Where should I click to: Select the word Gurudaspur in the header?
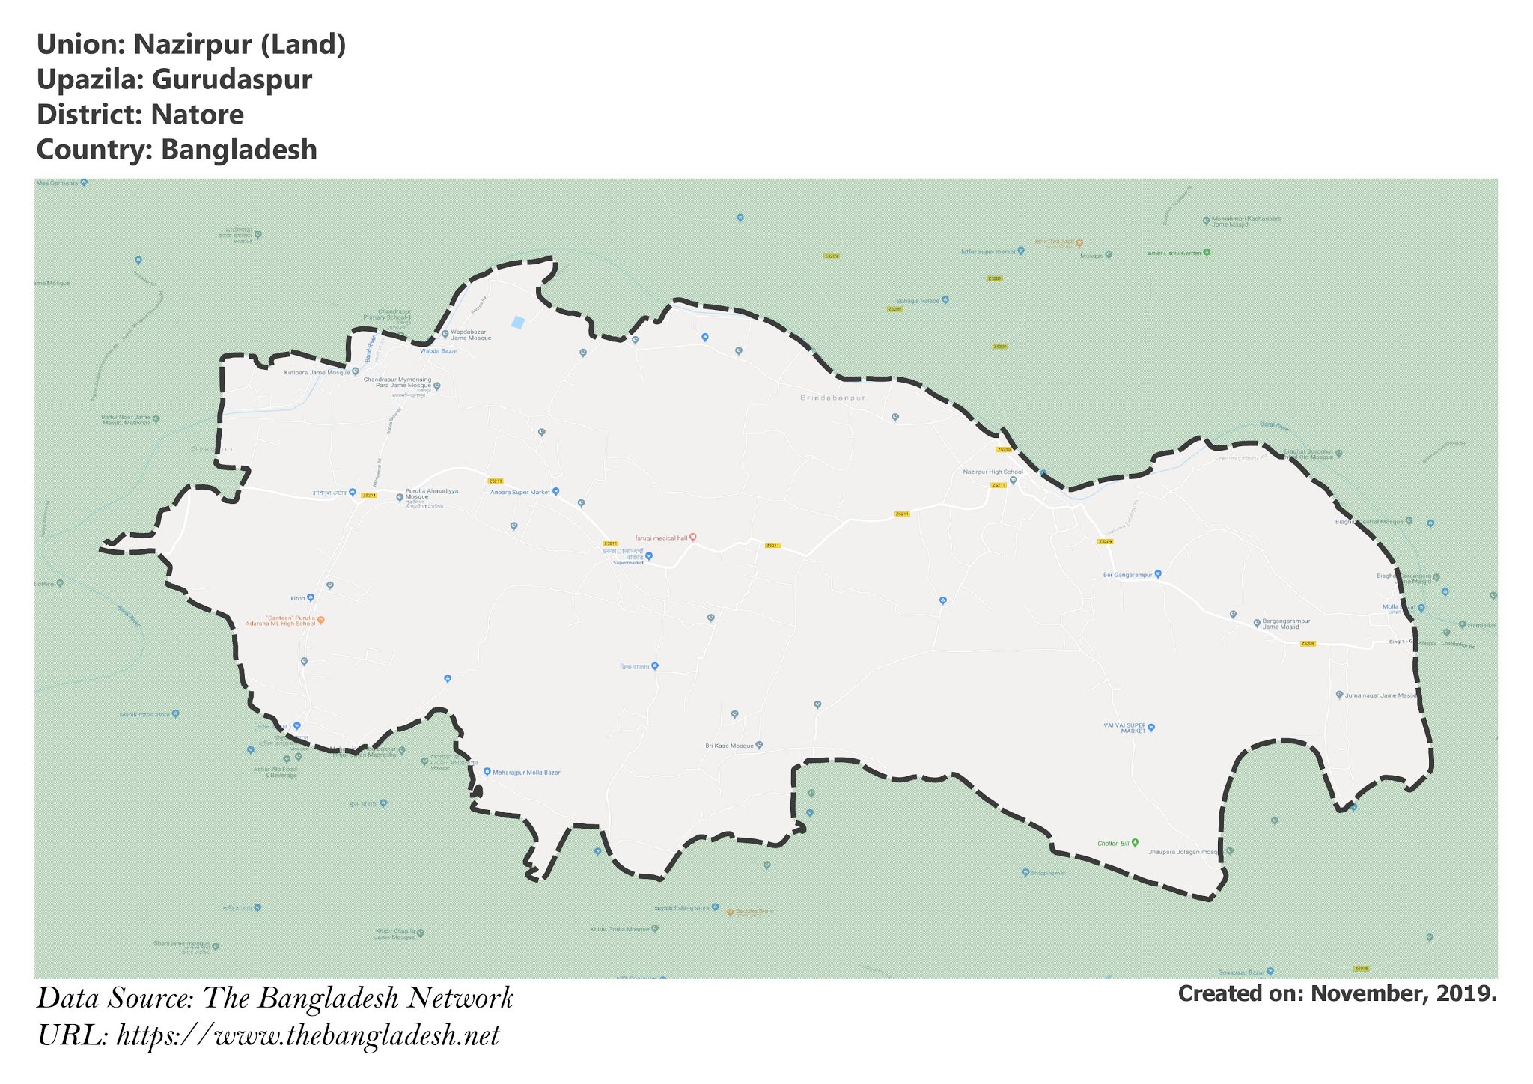231,79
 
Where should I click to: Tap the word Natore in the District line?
197,115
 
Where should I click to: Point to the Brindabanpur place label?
832,398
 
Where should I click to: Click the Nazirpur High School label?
992,472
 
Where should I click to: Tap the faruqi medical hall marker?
693,537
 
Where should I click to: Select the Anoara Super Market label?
519,492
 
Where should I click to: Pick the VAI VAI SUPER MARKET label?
1124,728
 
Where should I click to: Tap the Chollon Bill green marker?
1135,843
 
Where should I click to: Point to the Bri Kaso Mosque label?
729,746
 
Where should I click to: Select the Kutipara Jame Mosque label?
317,372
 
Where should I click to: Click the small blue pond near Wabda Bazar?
517,323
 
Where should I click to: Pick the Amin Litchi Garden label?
1174,253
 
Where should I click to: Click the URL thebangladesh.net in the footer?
308,1037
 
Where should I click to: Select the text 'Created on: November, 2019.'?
1337,994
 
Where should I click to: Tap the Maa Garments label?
57,183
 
